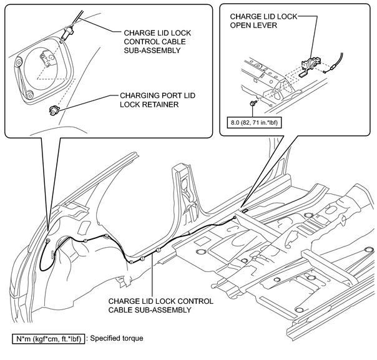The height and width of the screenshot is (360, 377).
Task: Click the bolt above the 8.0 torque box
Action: [253, 101]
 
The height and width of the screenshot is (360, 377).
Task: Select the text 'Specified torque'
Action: [117, 339]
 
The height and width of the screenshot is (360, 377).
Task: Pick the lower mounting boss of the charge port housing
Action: [29, 95]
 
